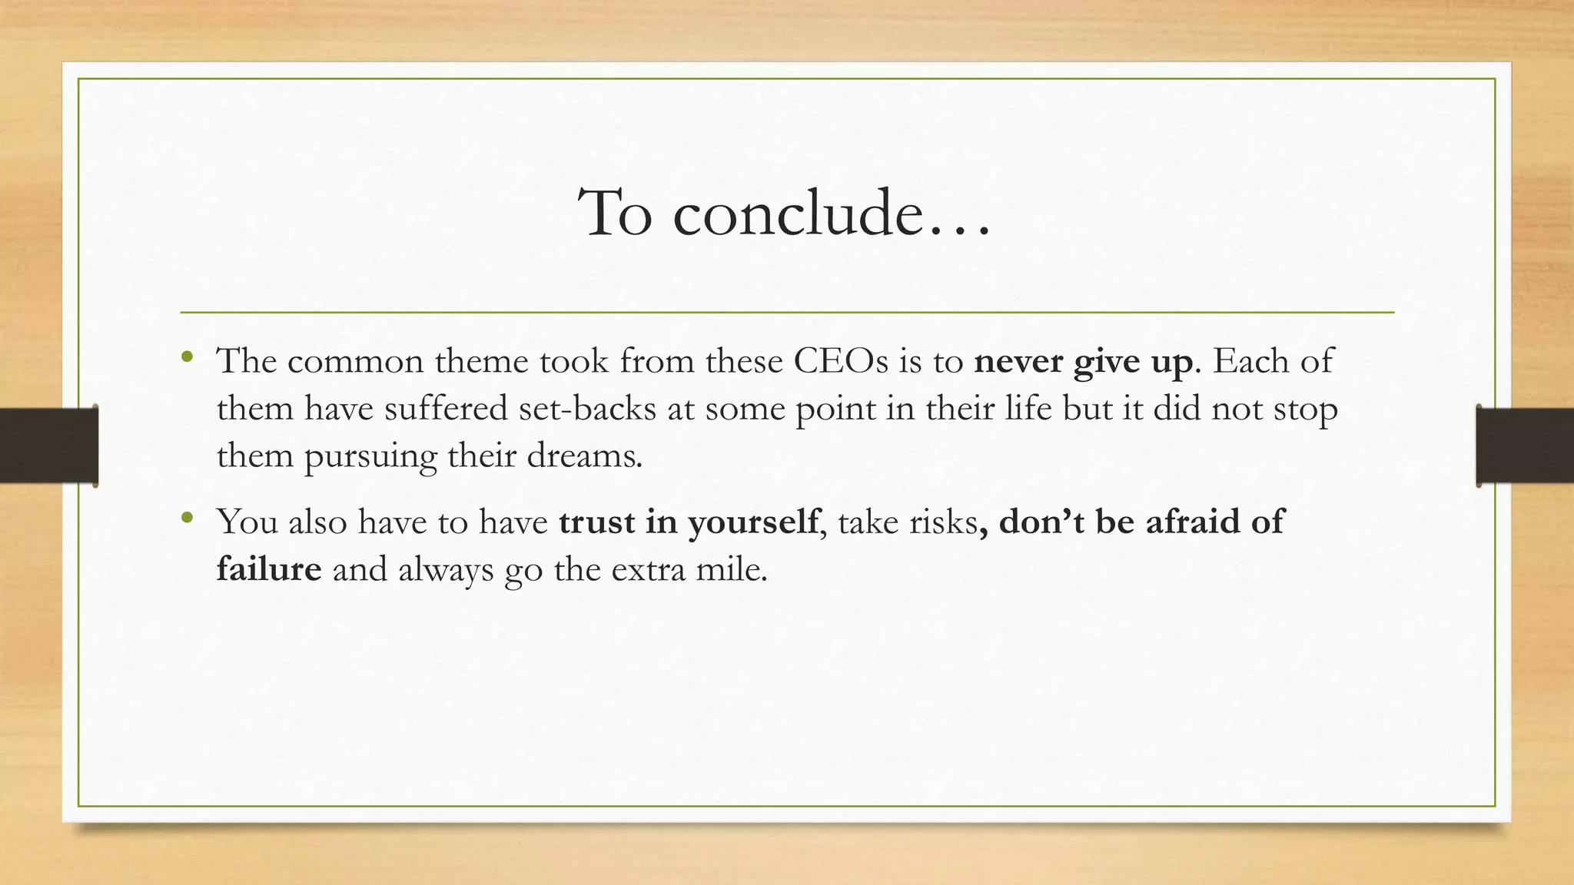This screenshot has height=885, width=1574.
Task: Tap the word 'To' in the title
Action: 616,213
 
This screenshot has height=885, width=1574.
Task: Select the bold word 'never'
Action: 1018,361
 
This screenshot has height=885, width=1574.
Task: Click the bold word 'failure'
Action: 269,569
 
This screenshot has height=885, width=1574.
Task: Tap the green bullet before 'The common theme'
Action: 187,356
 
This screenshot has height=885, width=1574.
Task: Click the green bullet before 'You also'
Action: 187,518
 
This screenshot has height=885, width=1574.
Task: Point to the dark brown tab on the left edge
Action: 48,446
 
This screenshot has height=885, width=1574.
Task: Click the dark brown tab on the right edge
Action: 1525,446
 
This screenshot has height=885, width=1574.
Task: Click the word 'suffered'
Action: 446,409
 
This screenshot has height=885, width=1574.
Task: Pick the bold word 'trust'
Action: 596,522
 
